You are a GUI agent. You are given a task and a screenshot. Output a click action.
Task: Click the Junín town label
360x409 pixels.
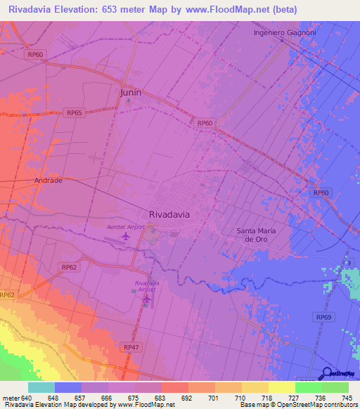click(131, 93)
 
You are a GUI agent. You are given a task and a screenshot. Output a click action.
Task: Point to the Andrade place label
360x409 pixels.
click(49, 181)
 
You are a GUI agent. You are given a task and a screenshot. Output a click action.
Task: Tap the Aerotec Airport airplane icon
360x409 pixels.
click(126, 236)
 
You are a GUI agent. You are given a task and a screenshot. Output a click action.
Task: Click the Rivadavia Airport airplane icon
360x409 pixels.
click(146, 299)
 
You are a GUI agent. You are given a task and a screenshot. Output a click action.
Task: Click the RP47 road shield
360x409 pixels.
click(131, 347)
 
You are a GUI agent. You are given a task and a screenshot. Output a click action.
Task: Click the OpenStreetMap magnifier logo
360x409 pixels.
click(327, 373)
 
